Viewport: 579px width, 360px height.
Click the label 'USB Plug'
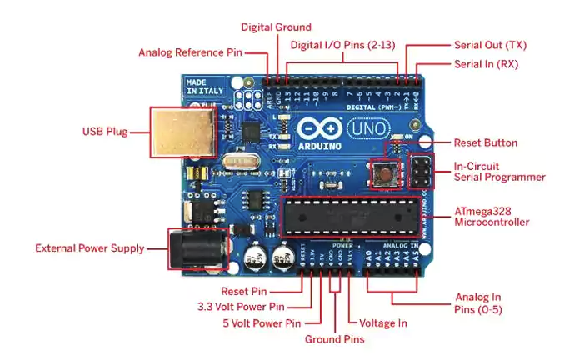(x=105, y=132)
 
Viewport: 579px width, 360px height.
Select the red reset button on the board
(x=387, y=173)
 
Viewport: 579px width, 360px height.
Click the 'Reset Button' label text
(x=485, y=142)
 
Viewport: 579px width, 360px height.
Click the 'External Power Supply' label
(x=89, y=247)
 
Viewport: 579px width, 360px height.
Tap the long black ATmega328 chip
(x=347, y=216)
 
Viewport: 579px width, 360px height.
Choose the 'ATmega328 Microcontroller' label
(x=492, y=217)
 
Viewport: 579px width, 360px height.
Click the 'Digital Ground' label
(x=276, y=27)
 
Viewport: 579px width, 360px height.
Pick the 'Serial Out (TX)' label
(x=490, y=45)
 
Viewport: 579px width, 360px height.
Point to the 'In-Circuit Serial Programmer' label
(x=499, y=172)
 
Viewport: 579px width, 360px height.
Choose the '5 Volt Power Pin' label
(x=261, y=322)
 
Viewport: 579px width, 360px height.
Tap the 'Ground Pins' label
(x=334, y=339)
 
